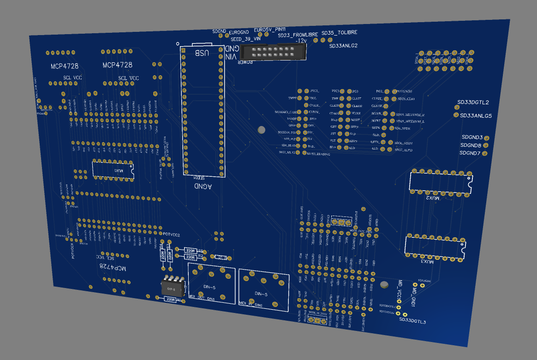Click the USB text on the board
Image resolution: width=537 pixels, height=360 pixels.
202,53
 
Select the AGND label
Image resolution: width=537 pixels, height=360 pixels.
203,186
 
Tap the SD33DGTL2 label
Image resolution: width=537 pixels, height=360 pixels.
473,102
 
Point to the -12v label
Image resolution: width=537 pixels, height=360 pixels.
301,41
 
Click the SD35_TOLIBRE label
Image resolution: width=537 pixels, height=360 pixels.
339,33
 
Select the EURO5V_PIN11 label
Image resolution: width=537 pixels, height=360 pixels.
270,29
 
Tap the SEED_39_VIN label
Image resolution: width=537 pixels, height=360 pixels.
246,39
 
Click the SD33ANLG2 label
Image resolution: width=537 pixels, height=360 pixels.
343,46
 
